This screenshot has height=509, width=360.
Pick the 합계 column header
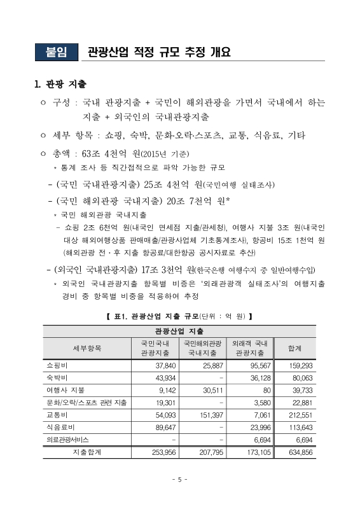[294, 347]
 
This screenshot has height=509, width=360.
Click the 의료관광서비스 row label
[69, 439]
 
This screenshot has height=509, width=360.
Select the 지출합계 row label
[86, 452]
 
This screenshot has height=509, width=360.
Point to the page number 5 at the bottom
[180, 479]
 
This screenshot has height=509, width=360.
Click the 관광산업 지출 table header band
[179, 331]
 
